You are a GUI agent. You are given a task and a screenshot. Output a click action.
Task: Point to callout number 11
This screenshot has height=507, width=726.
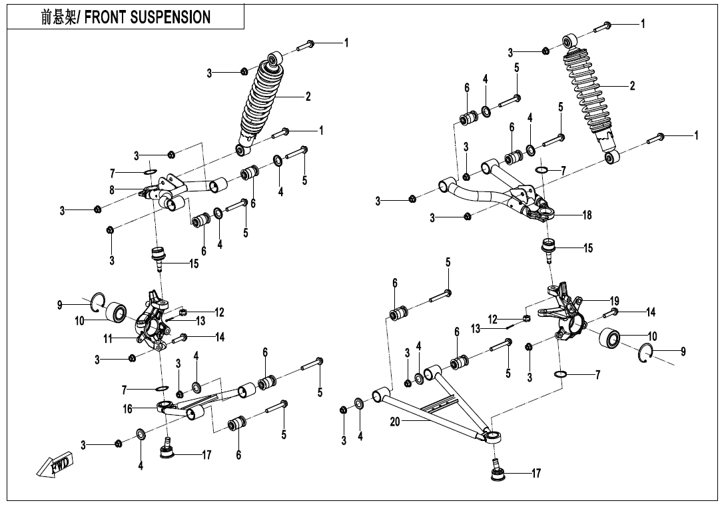108,339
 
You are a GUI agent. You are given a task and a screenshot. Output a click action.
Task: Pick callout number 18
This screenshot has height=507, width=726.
587,215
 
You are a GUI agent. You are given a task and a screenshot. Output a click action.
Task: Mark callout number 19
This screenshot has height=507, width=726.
595,301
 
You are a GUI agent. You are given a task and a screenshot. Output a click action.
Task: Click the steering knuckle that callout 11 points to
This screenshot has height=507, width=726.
154,320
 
